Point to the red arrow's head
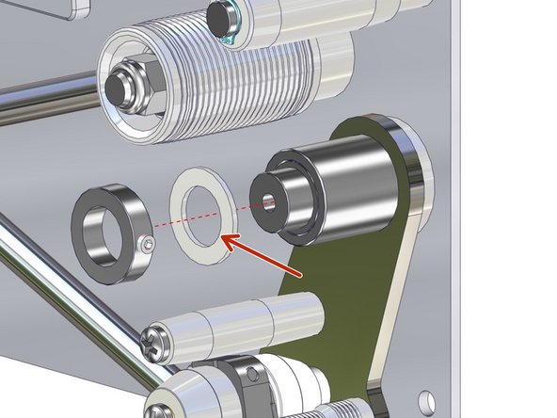(229, 240)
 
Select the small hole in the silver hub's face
(270, 200)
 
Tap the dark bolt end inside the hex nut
(119, 88)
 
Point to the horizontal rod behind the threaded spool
(47, 96)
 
